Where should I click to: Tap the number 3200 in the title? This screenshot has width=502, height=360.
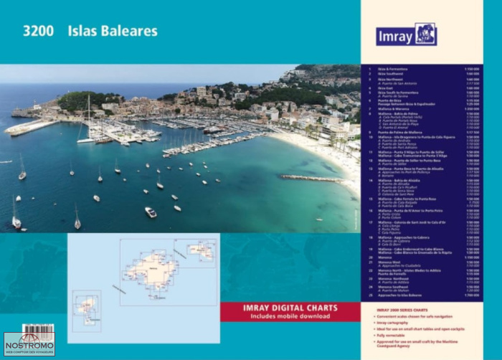(38, 32)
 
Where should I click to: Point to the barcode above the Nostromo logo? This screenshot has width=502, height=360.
(38, 329)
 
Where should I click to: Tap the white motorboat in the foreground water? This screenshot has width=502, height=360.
(151, 212)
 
